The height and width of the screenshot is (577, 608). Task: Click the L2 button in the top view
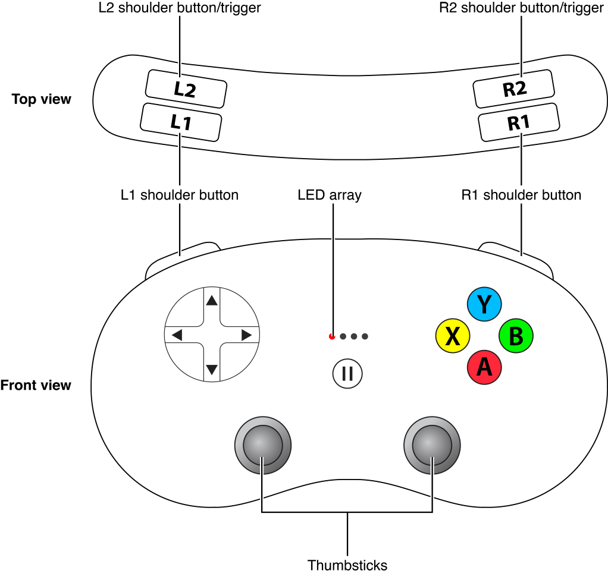point(186,89)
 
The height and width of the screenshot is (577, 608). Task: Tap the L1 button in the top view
point(181,122)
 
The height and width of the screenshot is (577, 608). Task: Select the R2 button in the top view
point(514,89)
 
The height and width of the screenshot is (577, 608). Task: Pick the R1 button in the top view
point(519,122)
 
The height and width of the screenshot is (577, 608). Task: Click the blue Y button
point(484,304)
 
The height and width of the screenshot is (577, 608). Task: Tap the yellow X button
point(453,336)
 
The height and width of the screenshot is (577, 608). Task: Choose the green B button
point(516,336)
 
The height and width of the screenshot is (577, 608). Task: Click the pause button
point(347,374)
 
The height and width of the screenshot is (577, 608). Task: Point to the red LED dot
point(332,336)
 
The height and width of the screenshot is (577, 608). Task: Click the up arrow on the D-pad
point(211,301)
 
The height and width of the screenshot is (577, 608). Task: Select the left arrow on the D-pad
point(177,336)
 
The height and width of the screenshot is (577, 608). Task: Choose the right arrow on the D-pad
point(246,336)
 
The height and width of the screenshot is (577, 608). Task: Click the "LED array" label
point(330,195)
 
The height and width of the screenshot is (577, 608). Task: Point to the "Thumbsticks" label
point(347,565)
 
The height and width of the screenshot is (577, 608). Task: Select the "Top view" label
point(42,99)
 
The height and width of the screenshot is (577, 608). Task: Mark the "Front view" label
point(36,385)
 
